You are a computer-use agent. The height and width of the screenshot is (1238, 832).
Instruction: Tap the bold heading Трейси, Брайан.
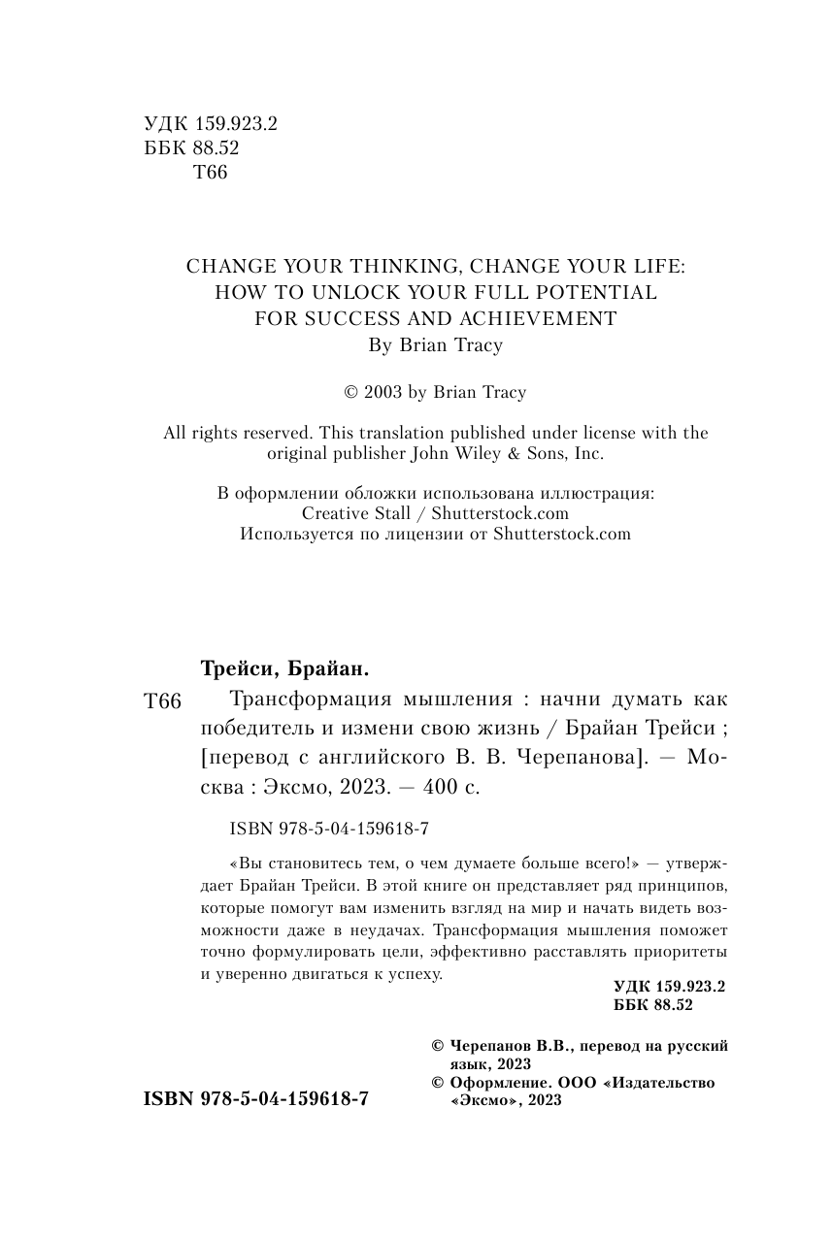click(285, 668)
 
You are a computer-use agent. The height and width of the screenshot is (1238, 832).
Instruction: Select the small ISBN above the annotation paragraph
click(329, 830)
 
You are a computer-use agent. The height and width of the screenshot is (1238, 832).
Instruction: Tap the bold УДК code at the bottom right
click(670, 986)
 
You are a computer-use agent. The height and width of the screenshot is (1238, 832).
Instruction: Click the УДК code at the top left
click(210, 124)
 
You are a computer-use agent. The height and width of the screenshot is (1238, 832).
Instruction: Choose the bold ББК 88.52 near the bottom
click(653, 1005)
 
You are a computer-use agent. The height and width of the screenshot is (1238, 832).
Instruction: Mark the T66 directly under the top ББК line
click(211, 174)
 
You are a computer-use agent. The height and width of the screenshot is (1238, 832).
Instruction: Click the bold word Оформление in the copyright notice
click(498, 1083)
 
